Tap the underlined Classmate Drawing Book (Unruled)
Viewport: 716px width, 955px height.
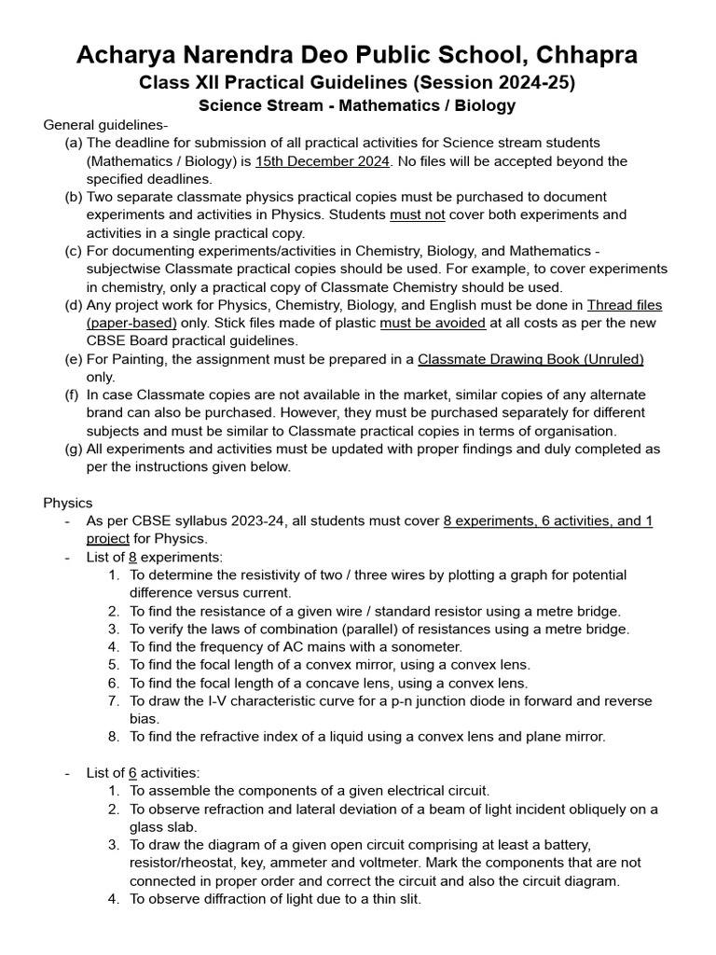[530, 359]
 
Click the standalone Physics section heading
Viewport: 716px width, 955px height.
[68, 503]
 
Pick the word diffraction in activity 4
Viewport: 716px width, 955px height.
[235, 899]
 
